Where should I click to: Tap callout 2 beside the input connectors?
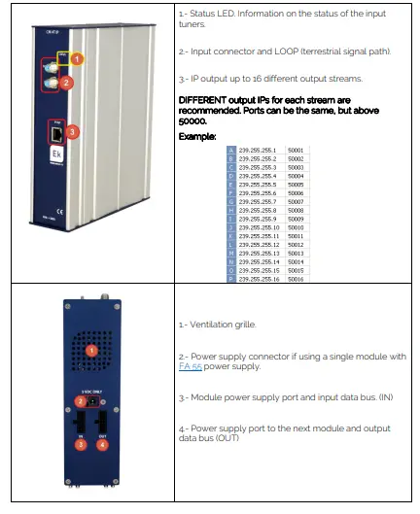pyautogui.click(x=66, y=84)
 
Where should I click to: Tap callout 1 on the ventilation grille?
pyautogui.click(x=91, y=348)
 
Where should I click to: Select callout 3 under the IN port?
pyautogui.click(x=82, y=444)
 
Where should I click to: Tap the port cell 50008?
pyautogui.click(x=297, y=210)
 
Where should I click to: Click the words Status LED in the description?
pyautogui.click(x=216, y=16)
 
